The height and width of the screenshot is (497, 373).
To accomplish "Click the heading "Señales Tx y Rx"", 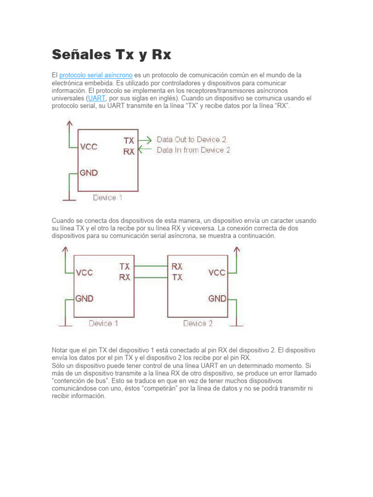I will (x=111, y=54).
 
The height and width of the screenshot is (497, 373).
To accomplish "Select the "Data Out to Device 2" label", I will (x=191, y=139).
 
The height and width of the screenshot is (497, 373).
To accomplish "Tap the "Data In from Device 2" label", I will (x=193, y=150).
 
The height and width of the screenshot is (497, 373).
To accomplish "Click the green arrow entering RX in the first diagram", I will (x=145, y=150).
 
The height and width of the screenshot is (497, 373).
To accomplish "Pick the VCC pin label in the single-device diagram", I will (x=89, y=147).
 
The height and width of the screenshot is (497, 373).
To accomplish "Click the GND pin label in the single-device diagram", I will (x=89, y=172).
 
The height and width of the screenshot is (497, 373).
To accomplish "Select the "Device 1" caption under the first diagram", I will (x=108, y=198).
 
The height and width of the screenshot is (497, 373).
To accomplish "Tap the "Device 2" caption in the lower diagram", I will (x=198, y=323).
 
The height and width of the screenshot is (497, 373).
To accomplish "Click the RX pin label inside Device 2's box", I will (x=177, y=266).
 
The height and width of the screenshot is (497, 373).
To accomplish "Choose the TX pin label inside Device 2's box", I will (x=177, y=277).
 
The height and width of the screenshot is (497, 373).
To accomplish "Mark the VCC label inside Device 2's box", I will (x=217, y=272).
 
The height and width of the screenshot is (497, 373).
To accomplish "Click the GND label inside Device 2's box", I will (x=217, y=298).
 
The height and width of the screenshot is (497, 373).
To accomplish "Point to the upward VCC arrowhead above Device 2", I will (x=237, y=249).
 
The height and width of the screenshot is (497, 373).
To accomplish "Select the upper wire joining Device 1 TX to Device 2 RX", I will (x=150, y=266).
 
